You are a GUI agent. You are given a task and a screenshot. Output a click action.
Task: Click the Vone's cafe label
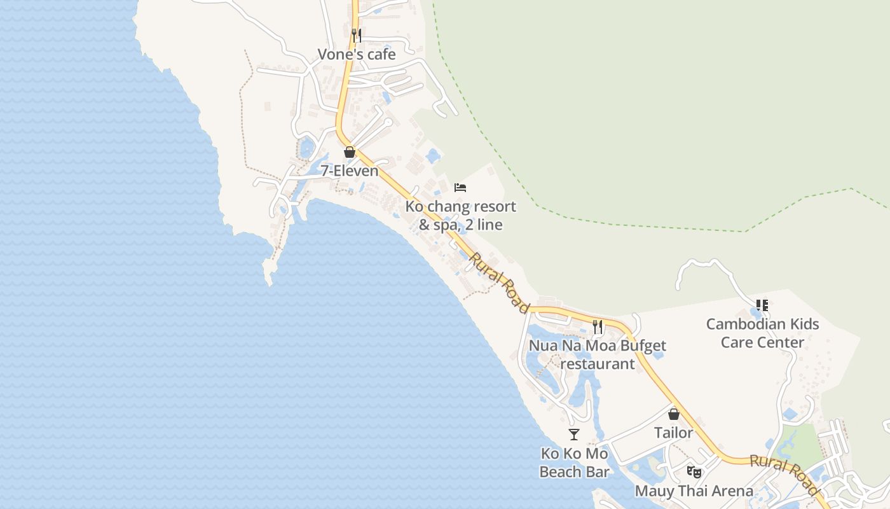coord(357,55)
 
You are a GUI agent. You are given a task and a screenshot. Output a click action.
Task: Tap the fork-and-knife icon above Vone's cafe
coord(357,35)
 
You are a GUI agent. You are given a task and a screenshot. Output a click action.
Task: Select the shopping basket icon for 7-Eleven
coord(349,152)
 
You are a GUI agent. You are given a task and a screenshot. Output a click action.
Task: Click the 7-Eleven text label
coord(349,171)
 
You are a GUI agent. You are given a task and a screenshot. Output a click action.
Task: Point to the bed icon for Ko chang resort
coord(460,187)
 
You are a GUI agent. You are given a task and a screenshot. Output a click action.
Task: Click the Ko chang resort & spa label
coord(461,216)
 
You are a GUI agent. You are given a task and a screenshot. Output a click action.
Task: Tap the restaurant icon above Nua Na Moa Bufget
coord(598,327)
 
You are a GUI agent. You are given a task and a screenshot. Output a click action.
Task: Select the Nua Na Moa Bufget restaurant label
coord(598,355)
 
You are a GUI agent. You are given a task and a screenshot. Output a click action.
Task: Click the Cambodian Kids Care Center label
coord(762,333)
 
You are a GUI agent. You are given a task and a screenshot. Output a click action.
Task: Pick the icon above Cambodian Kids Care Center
coord(762,305)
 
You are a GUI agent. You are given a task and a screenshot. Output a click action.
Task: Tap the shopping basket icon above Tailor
coord(674,414)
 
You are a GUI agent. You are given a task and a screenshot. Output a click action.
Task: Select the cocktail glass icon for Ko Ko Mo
coord(574,435)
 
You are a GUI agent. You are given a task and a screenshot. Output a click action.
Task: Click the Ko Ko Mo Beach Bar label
coord(574,463)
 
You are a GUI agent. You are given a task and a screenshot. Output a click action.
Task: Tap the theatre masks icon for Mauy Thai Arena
coord(694,472)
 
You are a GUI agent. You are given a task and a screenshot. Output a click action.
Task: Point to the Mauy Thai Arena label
coord(694,491)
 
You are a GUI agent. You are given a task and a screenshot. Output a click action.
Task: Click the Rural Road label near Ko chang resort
coord(499,282)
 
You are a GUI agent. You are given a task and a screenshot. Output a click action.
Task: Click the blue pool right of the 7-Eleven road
coord(434,155)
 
